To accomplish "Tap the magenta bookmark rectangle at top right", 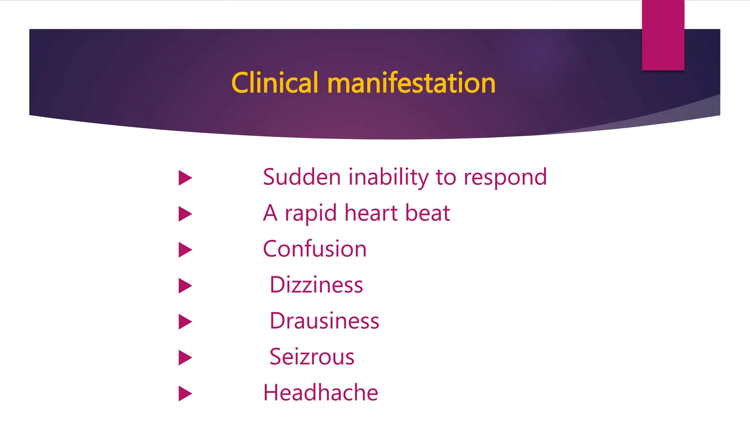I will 663,35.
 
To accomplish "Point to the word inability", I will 389,177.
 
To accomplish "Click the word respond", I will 505,178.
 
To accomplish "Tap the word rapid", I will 311,214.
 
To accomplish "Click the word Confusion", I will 315,249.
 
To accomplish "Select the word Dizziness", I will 316,285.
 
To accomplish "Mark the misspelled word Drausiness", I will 324,321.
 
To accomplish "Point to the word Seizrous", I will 312,356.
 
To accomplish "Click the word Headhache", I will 320,392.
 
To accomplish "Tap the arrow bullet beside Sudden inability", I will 185,178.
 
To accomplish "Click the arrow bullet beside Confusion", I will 185,250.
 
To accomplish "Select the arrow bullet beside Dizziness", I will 185,286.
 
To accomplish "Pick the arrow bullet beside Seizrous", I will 185,358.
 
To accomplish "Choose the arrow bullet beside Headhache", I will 185,393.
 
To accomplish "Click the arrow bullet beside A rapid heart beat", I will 185,214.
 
